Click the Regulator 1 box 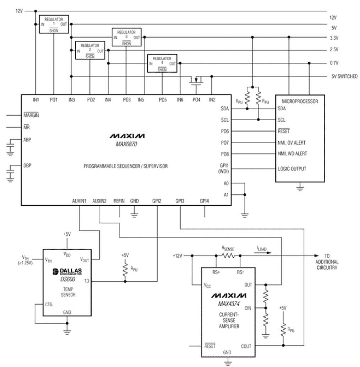click(x=54, y=24)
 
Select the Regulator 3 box click(x=126, y=37)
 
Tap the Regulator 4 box click(x=162, y=63)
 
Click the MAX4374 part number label click(x=228, y=304)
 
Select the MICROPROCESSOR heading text click(x=300, y=101)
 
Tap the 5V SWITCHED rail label click(x=343, y=76)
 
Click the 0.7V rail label click(x=334, y=63)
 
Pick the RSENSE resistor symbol click(x=228, y=255)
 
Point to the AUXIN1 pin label click(x=79, y=201)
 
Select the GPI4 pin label click(x=204, y=201)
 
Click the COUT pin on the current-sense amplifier click(x=246, y=346)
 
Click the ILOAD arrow click(x=263, y=253)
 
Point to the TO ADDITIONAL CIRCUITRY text click(x=332, y=262)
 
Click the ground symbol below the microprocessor click(x=300, y=188)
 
